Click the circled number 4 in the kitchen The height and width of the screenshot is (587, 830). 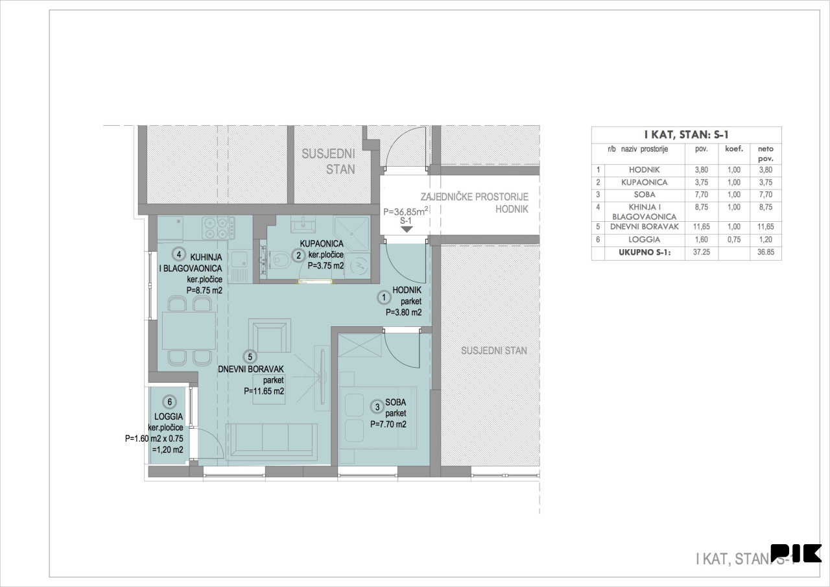click(x=178, y=254)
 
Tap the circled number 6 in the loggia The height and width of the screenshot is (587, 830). click(x=170, y=401)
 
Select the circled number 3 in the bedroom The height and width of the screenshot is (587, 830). click(x=377, y=407)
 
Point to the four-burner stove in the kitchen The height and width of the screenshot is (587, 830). click(x=219, y=228)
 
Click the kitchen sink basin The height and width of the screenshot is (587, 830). click(x=239, y=261)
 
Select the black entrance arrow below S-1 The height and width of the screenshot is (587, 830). click(x=407, y=230)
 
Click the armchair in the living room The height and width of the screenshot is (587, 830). click(x=270, y=335)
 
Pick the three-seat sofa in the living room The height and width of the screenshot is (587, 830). click(x=272, y=442)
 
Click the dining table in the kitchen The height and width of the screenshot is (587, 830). click(x=189, y=331)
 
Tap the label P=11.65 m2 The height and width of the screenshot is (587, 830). click(x=264, y=391)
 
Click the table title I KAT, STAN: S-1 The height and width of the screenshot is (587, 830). click(x=686, y=135)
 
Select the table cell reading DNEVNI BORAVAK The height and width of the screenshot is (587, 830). click(x=645, y=227)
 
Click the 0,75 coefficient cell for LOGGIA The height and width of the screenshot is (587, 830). click(x=733, y=240)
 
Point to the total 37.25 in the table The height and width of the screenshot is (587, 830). click(x=701, y=252)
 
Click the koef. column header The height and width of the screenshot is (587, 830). click(x=733, y=149)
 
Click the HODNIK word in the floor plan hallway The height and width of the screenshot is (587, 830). click(x=407, y=290)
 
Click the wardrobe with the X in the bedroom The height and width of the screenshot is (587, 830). click(x=360, y=345)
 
